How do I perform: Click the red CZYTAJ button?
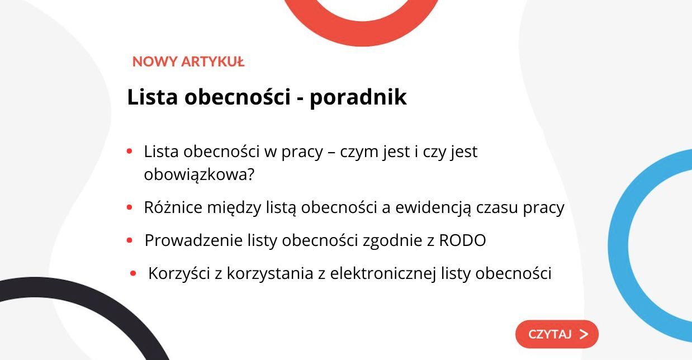tap(556, 334)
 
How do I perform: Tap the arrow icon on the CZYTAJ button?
tap(584, 334)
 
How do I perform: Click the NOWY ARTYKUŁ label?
tap(188, 61)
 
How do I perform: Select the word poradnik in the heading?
tap(358, 97)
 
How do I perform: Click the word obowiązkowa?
tap(199, 174)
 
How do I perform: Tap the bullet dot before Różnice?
tap(129, 207)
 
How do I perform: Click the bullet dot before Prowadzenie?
tap(129, 241)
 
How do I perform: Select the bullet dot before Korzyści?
tap(133, 274)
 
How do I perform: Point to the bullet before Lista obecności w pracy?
tap(129, 151)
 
